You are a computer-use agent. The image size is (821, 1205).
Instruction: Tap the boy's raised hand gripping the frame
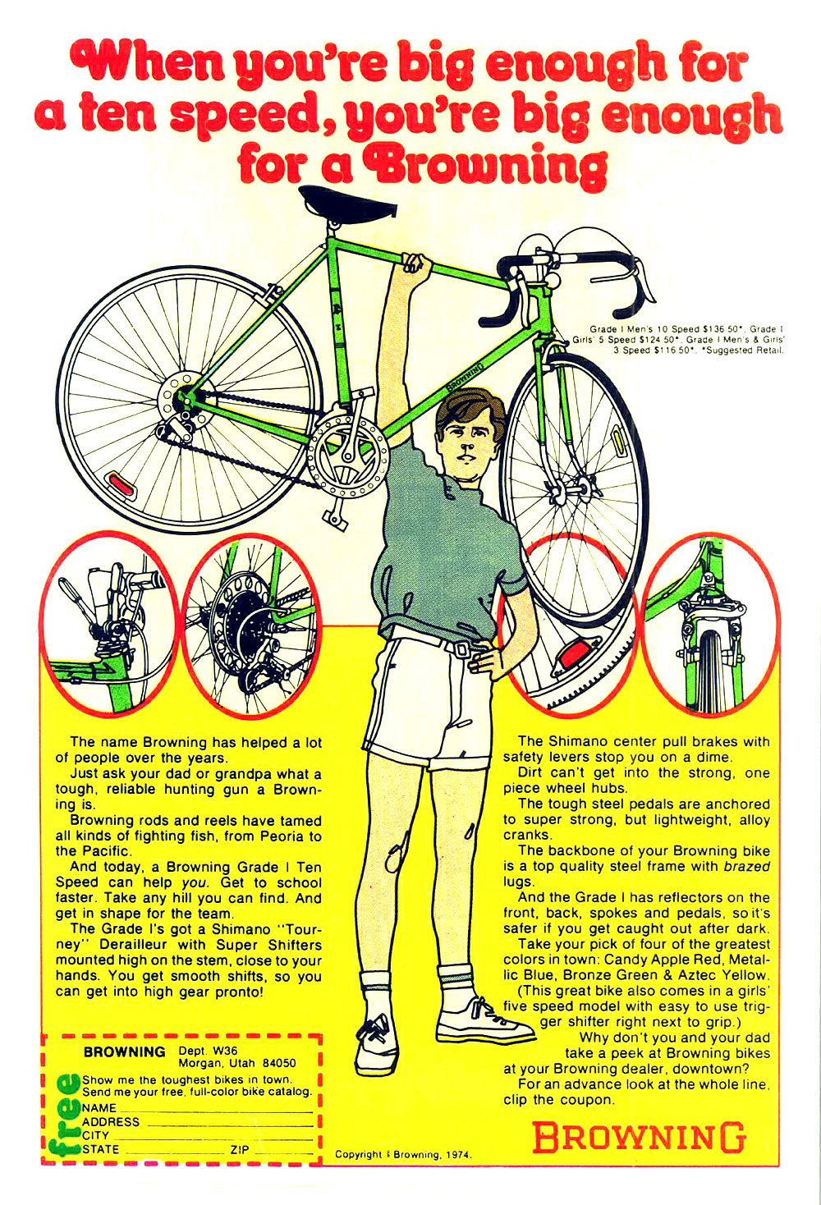[x=416, y=264]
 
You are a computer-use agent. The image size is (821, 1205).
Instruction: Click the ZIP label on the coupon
[x=240, y=1149]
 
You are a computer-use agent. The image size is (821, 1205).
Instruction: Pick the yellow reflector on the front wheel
[x=622, y=442]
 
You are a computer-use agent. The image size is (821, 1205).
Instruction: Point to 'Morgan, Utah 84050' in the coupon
[x=236, y=1064]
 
